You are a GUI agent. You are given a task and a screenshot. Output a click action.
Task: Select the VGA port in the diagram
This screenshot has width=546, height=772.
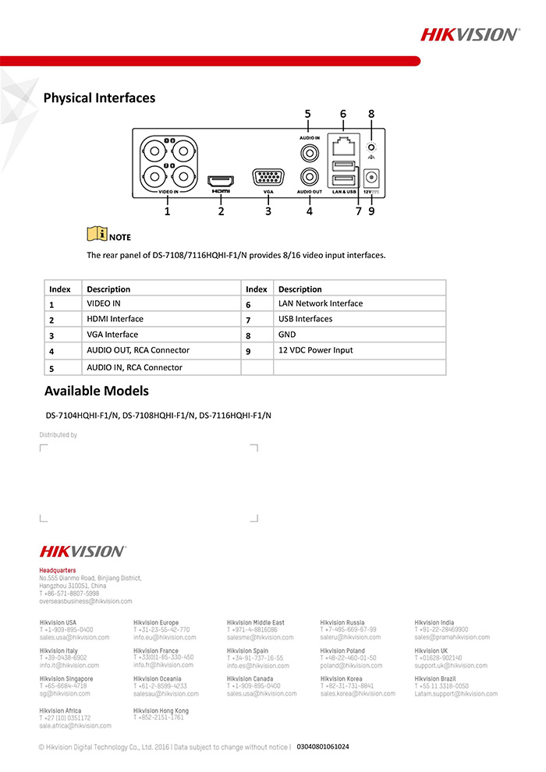click(x=268, y=176)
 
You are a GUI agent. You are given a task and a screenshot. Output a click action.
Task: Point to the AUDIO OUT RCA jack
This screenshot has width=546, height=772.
click(x=310, y=178)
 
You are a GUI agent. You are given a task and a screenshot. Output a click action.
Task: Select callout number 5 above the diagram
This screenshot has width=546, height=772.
click(x=308, y=114)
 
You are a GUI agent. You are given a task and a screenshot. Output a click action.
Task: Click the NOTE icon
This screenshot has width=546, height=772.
click(x=97, y=234)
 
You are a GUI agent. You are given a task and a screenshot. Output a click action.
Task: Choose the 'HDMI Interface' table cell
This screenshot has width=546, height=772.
click(x=115, y=319)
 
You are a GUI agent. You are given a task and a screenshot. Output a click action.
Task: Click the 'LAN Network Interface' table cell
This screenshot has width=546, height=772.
click(x=320, y=303)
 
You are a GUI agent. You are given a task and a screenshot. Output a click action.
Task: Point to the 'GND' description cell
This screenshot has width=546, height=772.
click(x=286, y=335)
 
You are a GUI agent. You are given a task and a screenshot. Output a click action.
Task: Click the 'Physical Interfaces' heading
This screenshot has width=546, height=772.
click(x=99, y=98)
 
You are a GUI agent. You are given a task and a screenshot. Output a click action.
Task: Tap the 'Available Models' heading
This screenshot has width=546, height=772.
click(x=96, y=391)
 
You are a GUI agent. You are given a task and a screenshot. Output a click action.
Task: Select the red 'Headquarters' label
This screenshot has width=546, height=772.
click(x=58, y=571)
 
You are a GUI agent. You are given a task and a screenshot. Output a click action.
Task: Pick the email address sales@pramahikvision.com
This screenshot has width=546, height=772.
click(x=452, y=637)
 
